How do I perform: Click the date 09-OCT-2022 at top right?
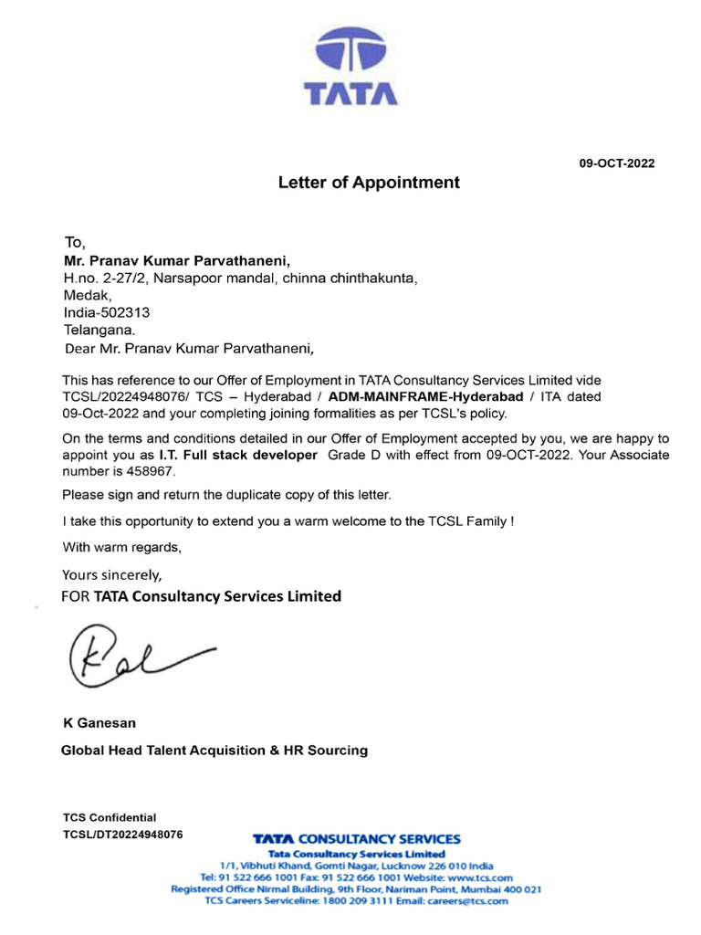tap(617, 163)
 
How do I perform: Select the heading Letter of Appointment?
tap(369, 183)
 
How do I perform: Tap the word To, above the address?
tap(74, 242)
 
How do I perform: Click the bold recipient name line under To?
tap(176, 260)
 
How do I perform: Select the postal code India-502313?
tap(106, 312)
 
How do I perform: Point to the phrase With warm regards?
tap(121, 548)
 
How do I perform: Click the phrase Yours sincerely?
tap(111, 575)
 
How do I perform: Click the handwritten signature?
tap(137, 655)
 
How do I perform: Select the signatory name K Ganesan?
tap(99, 723)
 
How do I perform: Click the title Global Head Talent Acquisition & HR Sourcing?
tap(214, 751)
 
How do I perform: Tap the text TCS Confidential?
tap(110, 817)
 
